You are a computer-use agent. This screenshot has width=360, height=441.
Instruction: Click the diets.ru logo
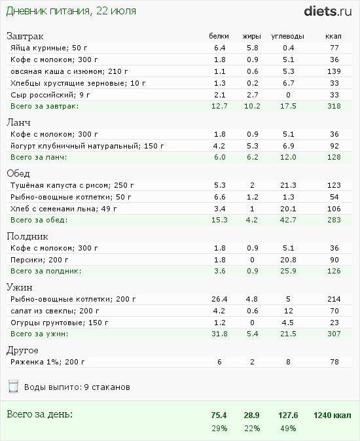[x=328, y=11]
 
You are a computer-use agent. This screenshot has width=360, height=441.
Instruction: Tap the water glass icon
[x=14, y=387]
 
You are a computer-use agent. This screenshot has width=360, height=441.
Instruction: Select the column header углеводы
[x=288, y=36]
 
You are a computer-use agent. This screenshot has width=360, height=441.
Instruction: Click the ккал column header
[x=333, y=36]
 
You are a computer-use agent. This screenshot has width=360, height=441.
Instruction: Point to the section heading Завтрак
[x=25, y=36]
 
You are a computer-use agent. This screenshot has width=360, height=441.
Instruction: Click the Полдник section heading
[x=27, y=236]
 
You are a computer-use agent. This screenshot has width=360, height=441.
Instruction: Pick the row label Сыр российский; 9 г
[x=50, y=95]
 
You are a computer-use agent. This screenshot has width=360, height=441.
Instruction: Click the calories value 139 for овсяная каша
[x=334, y=71]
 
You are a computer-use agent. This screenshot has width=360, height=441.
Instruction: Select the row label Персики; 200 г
[x=39, y=260]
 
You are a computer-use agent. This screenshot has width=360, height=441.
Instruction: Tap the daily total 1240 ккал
[x=333, y=415]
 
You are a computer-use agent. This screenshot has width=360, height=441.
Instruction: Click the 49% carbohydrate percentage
[x=288, y=429]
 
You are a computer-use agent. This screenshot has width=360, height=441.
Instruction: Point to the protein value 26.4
[x=219, y=299]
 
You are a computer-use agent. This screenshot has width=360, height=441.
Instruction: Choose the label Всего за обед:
[x=39, y=220]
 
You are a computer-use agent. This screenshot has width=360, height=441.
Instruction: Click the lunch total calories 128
[x=334, y=157]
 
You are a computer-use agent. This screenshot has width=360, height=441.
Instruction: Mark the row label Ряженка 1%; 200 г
[x=48, y=362]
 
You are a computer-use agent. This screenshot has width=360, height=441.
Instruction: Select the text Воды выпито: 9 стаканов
[x=77, y=387]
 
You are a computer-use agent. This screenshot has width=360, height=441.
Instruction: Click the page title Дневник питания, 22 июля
[x=71, y=11]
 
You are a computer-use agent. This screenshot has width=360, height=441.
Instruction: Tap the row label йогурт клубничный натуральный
[x=76, y=147]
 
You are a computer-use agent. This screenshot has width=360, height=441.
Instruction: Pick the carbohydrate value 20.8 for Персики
[x=288, y=260]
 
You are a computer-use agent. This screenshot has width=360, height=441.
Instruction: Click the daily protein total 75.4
[x=219, y=415]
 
